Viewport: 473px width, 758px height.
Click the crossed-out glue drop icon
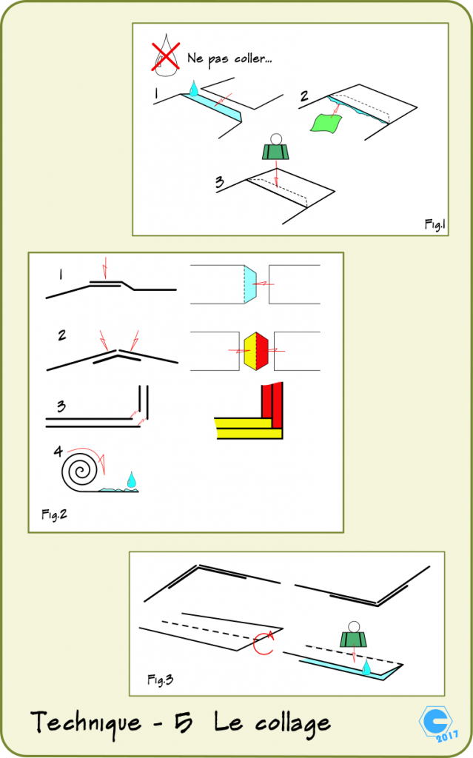167,56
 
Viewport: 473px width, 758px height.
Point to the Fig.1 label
435,224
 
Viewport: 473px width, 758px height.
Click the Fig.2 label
53,512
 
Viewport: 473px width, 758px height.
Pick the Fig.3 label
160,679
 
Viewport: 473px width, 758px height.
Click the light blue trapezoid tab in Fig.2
249,284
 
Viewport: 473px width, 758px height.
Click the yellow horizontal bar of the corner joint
248,428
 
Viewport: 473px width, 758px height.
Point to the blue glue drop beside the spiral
132,480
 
